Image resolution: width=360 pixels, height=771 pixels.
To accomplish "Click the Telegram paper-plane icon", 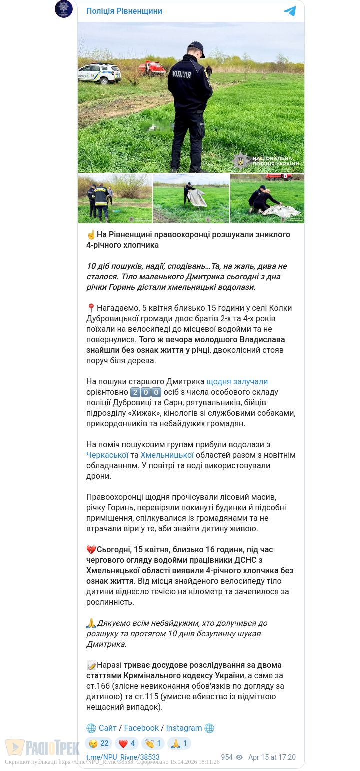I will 290,11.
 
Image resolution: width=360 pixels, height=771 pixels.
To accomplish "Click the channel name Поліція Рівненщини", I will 124,11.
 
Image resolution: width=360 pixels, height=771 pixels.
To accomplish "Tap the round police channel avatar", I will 64,9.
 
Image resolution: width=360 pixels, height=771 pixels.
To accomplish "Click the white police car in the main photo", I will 99,73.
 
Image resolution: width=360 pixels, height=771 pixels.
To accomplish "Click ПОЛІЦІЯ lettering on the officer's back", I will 182,74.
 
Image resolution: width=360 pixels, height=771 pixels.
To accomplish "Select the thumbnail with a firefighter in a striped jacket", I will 115,198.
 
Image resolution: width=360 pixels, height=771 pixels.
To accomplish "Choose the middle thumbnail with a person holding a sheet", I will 191,198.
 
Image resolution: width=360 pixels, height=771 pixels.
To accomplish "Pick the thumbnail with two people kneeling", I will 267,198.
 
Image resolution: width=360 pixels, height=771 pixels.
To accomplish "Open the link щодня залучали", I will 237,381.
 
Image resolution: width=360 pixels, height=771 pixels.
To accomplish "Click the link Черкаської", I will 107,455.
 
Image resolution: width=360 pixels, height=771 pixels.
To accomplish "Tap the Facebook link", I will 141,728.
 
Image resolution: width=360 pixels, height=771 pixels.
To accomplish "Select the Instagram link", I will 184,728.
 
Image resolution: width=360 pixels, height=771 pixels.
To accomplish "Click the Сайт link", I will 107,728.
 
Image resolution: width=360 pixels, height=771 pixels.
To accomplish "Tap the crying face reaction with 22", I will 98,743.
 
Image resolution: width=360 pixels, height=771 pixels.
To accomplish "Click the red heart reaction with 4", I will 127,743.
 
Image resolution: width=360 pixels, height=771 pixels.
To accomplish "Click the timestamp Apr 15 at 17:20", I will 272,757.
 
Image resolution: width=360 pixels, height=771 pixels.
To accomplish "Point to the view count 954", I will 227,757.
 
